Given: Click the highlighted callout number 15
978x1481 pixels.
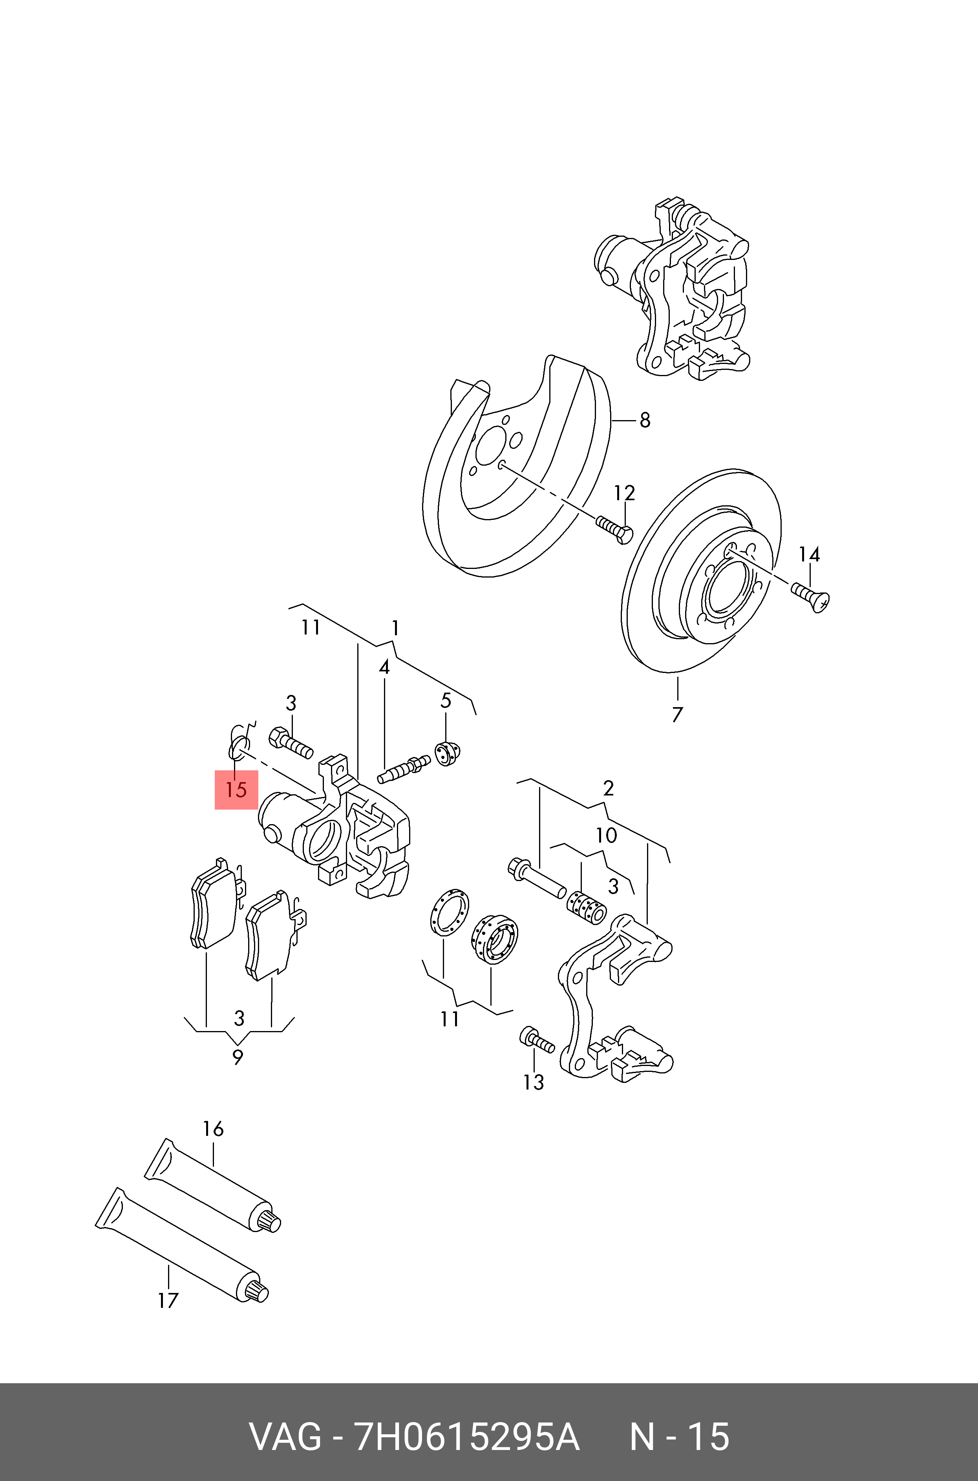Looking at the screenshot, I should pyautogui.click(x=236, y=790).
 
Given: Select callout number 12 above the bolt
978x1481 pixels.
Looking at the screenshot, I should pyautogui.click(x=624, y=493).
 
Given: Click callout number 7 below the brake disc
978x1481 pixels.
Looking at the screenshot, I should pyautogui.click(x=677, y=714).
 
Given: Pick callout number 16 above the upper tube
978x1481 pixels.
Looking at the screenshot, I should pyautogui.click(x=213, y=1129).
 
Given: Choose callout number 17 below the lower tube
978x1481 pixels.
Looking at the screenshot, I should pyautogui.click(x=168, y=1301).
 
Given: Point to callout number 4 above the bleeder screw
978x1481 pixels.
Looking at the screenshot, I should pyautogui.click(x=384, y=668).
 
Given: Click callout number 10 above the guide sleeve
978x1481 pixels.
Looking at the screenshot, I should pyautogui.click(x=606, y=836).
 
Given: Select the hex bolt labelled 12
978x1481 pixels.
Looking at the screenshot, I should pyautogui.click(x=614, y=529).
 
